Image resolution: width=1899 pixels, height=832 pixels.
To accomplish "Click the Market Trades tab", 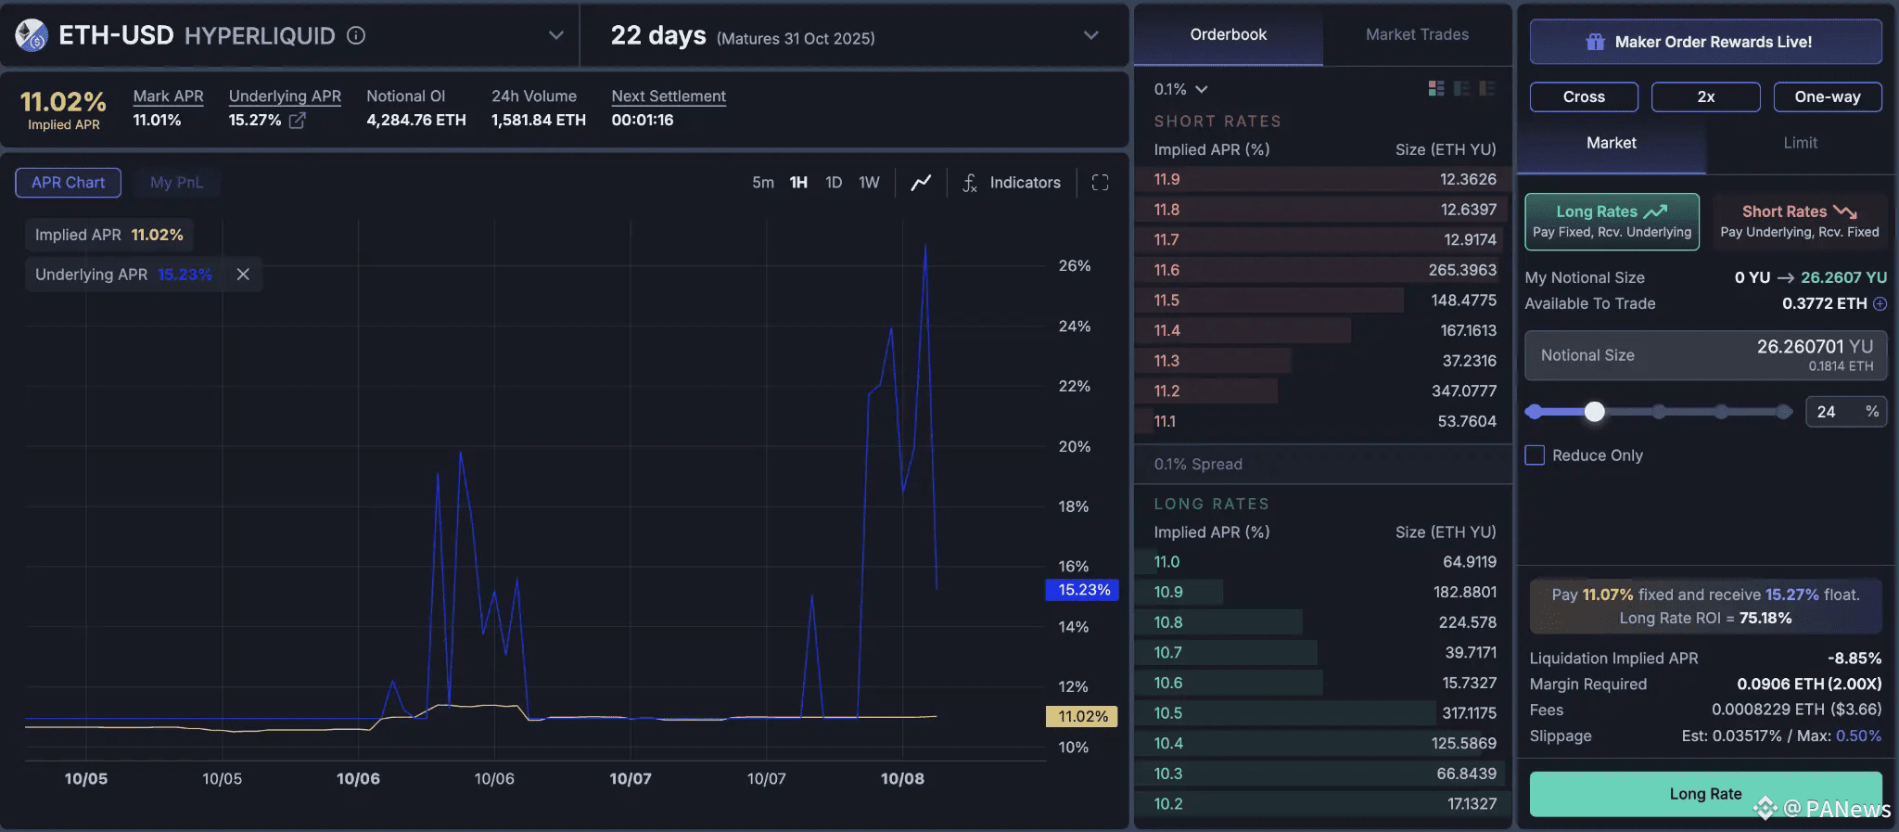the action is (1417, 34).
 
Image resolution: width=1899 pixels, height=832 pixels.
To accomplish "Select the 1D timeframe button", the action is (834, 183).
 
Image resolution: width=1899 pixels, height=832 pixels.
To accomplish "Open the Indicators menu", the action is (1011, 183).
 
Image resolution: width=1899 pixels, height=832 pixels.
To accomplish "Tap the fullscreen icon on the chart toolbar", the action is (1101, 183).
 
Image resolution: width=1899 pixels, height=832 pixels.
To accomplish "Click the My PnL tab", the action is (176, 183).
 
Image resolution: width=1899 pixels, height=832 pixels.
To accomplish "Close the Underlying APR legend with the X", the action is (243, 275).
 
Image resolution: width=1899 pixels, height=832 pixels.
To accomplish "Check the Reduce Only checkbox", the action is (1536, 455).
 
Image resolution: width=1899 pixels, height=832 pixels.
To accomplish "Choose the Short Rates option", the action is (1800, 221).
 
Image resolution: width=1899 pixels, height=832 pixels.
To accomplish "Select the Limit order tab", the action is (1800, 143).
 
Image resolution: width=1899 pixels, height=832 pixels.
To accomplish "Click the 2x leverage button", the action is (1706, 96).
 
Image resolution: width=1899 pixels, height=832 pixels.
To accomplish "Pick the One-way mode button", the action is (1828, 96).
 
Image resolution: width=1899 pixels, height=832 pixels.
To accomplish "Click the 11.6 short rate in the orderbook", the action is (1166, 270).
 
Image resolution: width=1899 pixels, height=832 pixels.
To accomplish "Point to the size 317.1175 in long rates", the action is (1469, 713).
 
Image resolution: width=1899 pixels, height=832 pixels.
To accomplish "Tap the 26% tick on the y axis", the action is (1075, 266).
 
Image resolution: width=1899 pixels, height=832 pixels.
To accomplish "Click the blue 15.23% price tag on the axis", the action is (1083, 590).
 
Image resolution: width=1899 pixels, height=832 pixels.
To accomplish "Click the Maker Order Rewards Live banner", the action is (1706, 42).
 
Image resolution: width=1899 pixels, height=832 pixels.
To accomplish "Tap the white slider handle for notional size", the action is (1594, 412).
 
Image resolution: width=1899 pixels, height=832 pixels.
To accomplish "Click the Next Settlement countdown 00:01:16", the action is (642, 120).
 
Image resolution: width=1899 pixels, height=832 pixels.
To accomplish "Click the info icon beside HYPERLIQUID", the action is (356, 35).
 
